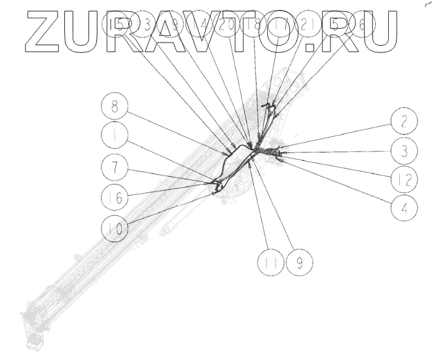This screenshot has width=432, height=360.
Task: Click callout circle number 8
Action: [x=115, y=107]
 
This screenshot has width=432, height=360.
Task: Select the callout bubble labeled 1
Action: [x=115, y=137]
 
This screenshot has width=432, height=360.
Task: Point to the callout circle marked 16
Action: [x=115, y=196]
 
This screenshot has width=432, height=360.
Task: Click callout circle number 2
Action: [x=405, y=120]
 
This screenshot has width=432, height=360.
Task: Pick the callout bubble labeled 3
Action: [x=405, y=150]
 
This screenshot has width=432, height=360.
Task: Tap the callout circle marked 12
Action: [x=405, y=179]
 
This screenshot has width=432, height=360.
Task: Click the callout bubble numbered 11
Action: [x=270, y=263]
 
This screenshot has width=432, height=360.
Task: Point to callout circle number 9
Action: [x=300, y=263]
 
